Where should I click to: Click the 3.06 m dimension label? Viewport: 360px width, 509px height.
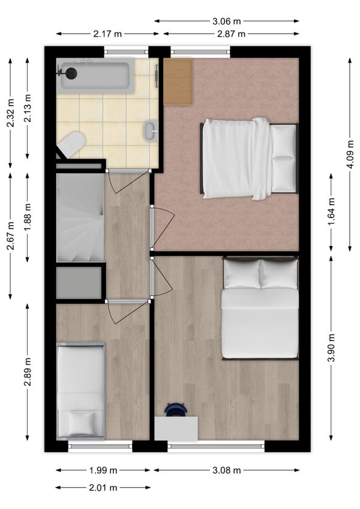[227, 22]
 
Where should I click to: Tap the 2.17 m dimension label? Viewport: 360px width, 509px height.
[107, 34]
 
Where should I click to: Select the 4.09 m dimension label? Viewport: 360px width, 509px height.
[350, 154]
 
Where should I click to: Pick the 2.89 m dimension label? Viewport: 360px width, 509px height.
[28, 372]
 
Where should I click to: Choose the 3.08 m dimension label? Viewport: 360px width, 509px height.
[227, 470]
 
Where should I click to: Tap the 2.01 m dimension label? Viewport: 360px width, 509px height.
[103, 487]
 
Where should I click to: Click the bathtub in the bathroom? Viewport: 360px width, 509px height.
[95, 75]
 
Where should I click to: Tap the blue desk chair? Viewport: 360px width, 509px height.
[176, 410]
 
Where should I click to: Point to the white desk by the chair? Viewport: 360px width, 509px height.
[176, 429]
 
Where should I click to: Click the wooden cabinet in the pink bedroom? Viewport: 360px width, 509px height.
[178, 82]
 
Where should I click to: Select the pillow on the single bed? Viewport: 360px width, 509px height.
[81, 423]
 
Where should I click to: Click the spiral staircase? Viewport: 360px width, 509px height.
[80, 217]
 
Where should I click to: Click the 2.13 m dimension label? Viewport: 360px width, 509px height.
[28, 108]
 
